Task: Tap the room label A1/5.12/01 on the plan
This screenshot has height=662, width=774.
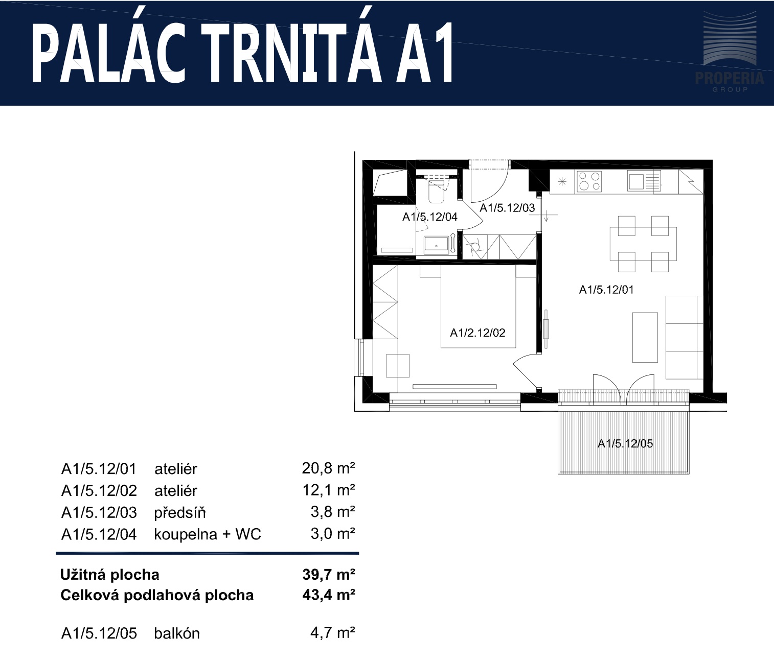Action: [x=606, y=290]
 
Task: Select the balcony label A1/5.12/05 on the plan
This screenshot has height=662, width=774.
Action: [x=625, y=443]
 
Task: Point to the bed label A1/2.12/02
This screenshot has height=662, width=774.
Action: [x=477, y=333]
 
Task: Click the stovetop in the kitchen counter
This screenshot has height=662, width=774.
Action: [x=589, y=181]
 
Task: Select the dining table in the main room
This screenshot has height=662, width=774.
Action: [x=643, y=244]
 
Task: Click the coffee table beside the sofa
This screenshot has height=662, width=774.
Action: [x=645, y=338]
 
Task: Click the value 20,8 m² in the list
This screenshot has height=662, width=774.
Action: [x=328, y=468]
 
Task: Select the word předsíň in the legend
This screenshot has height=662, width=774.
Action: [x=180, y=512]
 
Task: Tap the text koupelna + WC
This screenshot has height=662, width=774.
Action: [x=208, y=534]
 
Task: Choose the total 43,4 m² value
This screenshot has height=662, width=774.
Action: [x=329, y=595]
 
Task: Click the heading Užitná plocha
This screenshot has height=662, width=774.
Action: [x=110, y=575]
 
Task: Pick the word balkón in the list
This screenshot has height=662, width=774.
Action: [x=177, y=633]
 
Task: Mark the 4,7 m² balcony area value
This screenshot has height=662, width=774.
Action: [x=332, y=633]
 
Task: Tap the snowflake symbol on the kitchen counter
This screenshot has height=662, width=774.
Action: [x=562, y=182]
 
